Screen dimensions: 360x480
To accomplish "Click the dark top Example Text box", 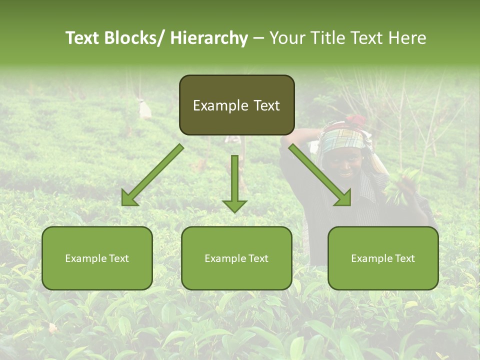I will (x=236, y=105).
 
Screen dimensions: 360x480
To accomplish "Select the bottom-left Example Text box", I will (x=97, y=258).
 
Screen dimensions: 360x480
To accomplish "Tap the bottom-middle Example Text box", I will (x=236, y=258).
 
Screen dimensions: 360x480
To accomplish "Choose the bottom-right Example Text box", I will (x=383, y=258).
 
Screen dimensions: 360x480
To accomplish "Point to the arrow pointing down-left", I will (x=152, y=175).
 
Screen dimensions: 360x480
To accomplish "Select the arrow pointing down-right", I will (x=320, y=175).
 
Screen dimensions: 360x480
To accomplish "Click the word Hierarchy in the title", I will (x=209, y=38).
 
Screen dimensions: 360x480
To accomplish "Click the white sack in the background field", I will (x=145, y=109).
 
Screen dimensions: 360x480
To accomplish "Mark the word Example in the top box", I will (x=214, y=105).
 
